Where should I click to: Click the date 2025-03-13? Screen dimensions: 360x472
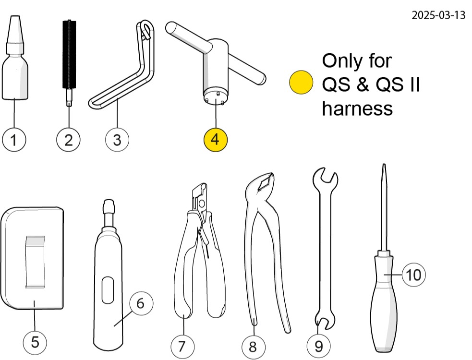coord(438,15)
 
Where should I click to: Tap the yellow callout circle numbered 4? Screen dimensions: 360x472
coord(215,140)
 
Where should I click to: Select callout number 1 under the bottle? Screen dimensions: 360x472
coord(14,140)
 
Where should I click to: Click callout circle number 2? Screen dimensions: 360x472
coord(68,140)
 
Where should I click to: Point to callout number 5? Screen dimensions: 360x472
coord(35,342)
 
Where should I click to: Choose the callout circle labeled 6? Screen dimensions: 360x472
coord(140,303)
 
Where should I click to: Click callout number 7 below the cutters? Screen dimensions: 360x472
coord(182,345)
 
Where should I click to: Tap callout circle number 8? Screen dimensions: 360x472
coord(254,345)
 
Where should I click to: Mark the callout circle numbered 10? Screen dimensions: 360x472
coord(413,275)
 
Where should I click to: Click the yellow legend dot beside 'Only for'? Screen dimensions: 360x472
coord(301,83)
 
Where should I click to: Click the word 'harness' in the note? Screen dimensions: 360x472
coord(357,108)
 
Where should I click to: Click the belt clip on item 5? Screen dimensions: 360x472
coord(35,262)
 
